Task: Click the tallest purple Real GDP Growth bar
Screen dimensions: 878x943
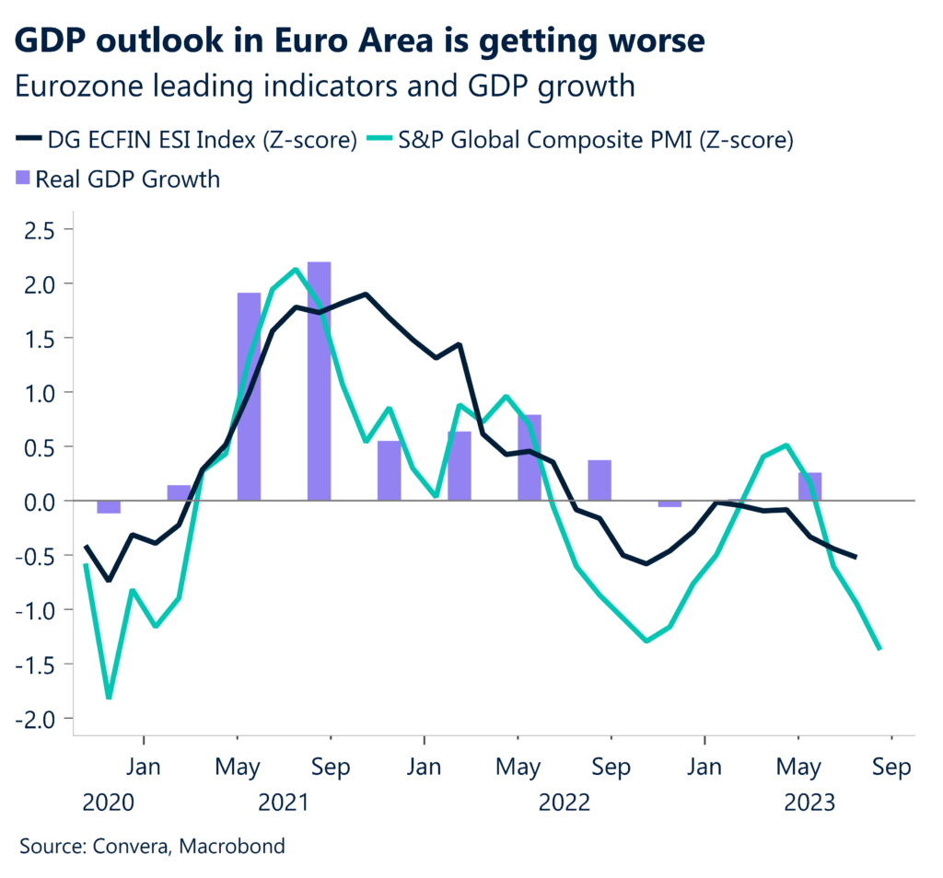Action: coord(320,381)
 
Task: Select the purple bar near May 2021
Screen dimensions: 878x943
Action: coord(249,397)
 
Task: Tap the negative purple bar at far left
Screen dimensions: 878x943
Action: coord(109,507)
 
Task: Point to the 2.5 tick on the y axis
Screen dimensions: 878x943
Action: coord(41,229)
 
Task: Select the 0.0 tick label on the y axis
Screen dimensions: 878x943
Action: coord(41,502)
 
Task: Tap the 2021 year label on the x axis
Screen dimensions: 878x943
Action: coord(285,803)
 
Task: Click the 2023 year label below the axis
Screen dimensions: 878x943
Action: coord(809,803)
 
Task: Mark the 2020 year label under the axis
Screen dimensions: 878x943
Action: coord(109,803)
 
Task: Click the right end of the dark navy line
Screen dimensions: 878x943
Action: coord(856,557)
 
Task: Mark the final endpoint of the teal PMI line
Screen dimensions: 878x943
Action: coord(880,649)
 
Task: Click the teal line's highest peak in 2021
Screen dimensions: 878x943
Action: coord(295,270)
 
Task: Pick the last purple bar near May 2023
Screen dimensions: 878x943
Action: coord(809,487)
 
